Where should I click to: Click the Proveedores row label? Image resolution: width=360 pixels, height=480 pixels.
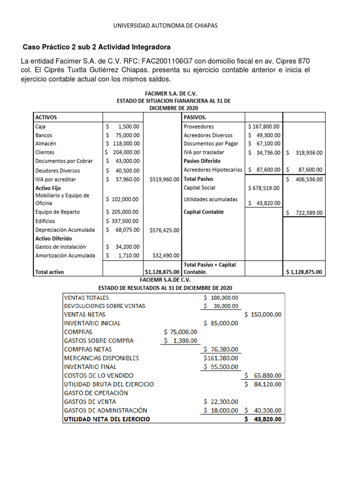click(199, 127)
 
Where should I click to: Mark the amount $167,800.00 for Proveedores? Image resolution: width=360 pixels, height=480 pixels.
click(264, 127)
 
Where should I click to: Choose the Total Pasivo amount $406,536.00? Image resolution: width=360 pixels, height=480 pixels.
click(303, 179)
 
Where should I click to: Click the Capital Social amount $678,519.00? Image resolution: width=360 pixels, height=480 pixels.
click(264, 188)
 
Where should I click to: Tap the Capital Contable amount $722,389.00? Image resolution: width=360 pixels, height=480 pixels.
click(303, 213)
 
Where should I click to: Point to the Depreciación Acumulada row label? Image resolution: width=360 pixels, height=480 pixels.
click(65, 230)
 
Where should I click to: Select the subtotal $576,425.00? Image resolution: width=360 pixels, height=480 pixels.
click(165, 230)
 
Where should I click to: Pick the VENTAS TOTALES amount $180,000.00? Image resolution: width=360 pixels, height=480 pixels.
click(221, 297)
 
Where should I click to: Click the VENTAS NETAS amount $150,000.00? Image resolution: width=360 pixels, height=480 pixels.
click(262, 315)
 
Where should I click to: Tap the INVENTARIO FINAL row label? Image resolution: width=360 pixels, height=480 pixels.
click(90, 367)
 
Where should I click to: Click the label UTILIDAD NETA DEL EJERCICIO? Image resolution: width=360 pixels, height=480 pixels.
click(107, 419)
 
